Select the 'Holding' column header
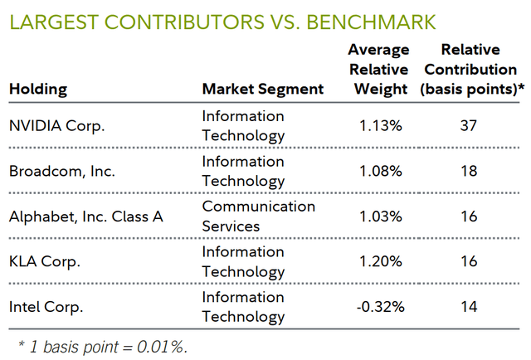click(38, 88)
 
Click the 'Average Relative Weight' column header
click(378, 69)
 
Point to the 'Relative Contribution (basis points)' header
click(470, 69)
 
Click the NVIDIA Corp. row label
click(58, 126)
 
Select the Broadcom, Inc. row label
click(63, 172)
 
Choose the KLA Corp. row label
click(46, 262)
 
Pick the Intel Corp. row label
click(47, 307)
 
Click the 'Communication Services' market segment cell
click(258, 216)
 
